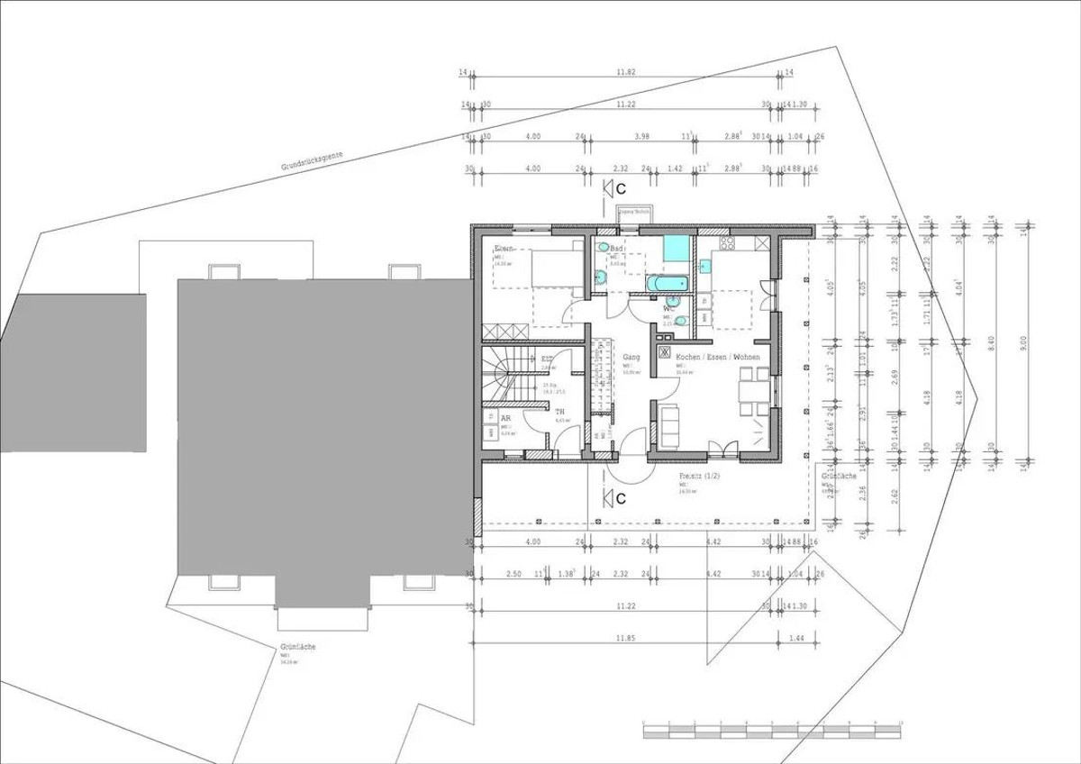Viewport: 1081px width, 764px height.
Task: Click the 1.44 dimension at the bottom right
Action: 795,638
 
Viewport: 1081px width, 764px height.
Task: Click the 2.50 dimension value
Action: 513,573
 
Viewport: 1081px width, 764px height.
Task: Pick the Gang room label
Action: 631,357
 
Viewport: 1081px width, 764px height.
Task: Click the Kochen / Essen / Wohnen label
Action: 717,357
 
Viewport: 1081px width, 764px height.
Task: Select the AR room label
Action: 506,419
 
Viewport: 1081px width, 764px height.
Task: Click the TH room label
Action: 559,411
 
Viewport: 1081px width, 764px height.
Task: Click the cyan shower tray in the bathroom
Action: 677,248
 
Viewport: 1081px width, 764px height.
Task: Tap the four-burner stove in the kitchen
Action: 727,243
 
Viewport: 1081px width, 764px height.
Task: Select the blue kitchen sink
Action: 705,267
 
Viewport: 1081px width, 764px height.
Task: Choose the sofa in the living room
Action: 669,425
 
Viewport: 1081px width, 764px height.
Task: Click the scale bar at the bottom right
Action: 772,730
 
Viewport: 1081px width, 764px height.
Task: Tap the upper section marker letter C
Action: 620,187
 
